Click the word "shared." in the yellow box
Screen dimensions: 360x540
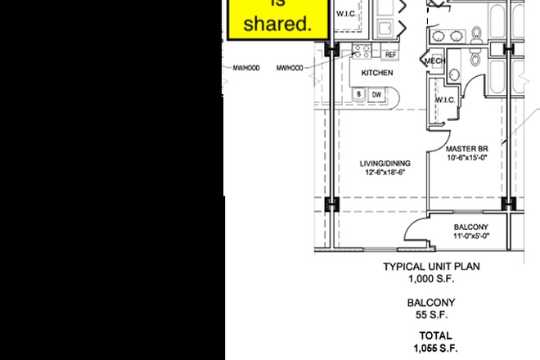(279, 25)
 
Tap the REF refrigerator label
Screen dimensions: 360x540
(390, 55)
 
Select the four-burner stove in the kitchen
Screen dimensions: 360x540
(361, 52)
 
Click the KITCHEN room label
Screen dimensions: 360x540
(377, 73)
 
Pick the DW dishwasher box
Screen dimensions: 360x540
(376, 95)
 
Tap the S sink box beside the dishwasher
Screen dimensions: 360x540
(358, 95)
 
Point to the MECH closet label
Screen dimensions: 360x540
(434, 61)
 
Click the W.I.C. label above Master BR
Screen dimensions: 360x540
(445, 100)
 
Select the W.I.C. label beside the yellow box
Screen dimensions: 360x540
(345, 14)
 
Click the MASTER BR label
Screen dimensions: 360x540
(467, 149)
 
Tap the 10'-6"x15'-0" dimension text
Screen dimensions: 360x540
(467, 158)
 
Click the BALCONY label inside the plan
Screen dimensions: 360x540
(471, 227)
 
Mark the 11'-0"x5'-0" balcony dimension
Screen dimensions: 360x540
(471, 236)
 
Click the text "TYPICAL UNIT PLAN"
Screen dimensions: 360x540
(431, 267)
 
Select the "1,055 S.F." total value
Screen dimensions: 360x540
(435, 348)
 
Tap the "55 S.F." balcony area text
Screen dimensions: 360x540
(431, 315)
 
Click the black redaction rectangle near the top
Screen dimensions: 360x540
(439, 14)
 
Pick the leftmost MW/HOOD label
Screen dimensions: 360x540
(246, 68)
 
